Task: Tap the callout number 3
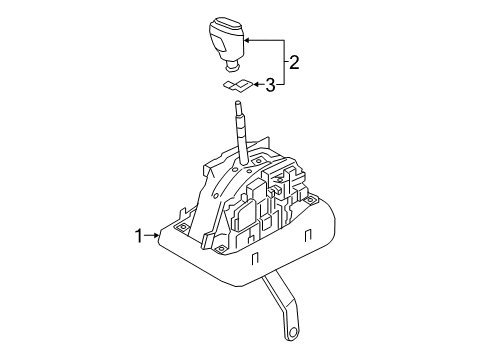point(269,86)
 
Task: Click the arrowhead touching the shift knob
point(246,39)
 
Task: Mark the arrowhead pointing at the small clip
point(252,86)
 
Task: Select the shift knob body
point(226,41)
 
